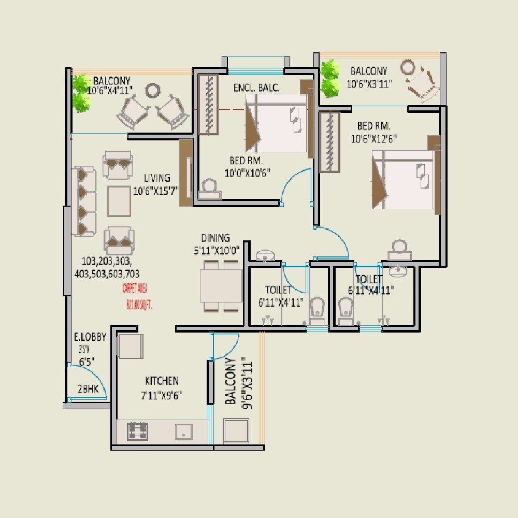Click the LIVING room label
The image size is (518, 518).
(x=157, y=178)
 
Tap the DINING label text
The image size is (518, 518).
(x=215, y=238)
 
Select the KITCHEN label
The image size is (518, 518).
(x=162, y=381)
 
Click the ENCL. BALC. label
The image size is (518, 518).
(x=256, y=88)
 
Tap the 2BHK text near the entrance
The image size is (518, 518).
(x=88, y=389)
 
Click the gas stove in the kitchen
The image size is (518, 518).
(x=138, y=431)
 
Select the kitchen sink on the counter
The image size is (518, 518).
(x=183, y=431)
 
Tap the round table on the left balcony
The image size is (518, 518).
(x=153, y=91)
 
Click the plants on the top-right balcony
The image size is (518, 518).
(x=329, y=79)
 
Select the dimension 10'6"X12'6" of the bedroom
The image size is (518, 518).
(x=374, y=138)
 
